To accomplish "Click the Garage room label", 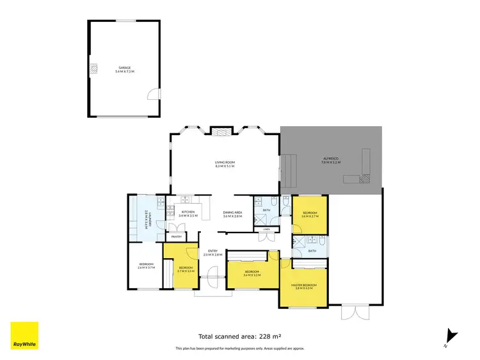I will point(124,69).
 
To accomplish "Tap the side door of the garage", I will point(152,94).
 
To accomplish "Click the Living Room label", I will point(225,164).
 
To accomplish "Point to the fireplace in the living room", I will point(221,132).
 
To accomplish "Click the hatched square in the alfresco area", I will point(365,180).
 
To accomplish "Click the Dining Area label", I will point(232,214).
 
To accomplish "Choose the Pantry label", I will point(176,236).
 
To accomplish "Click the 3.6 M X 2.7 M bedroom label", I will point(310,214).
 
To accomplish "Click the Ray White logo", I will point(24,336).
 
